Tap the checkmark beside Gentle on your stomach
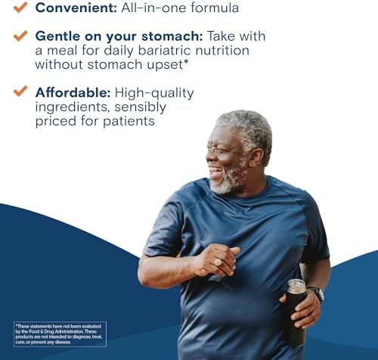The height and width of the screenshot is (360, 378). click(20, 36)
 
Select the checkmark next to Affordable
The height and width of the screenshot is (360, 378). click(20, 92)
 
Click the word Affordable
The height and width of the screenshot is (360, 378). click(72, 92)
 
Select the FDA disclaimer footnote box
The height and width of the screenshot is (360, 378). click(60, 334)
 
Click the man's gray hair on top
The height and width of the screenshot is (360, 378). click(243, 121)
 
